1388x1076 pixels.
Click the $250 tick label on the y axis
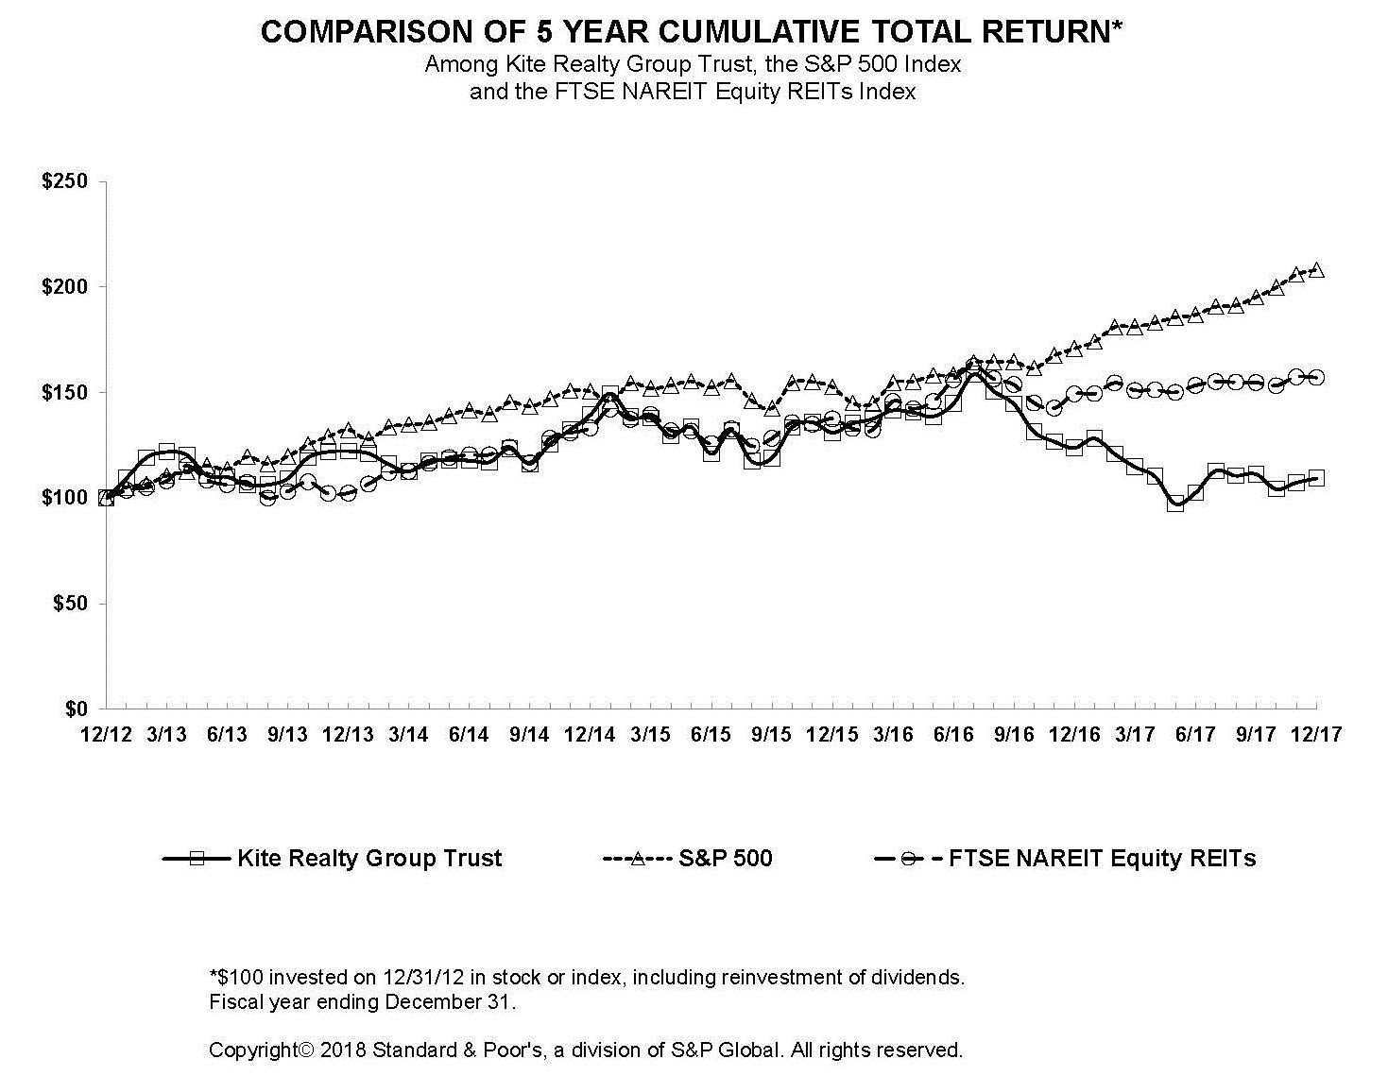click(64, 181)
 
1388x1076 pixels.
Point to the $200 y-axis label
click(64, 286)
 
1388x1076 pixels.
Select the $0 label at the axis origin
click(75, 709)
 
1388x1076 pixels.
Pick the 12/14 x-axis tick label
click(590, 735)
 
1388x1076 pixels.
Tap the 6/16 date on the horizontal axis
click(953, 735)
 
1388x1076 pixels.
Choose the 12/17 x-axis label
click(1316, 735)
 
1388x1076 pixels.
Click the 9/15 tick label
click(771, 735)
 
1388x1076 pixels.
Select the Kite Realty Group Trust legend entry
click(369, 859)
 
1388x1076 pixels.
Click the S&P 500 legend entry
click(725, 859)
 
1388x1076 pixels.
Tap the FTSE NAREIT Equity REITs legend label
click(1102, 859)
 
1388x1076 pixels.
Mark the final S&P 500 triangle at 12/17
click(1317, 270)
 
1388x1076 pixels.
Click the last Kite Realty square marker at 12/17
click(1317, 478)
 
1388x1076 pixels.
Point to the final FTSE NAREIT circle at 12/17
click(1317, 378)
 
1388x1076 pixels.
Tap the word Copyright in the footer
click(252, 1050)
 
